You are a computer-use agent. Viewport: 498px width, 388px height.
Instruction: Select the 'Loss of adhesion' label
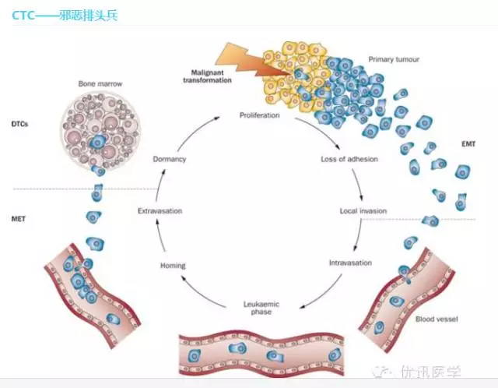(349, 159)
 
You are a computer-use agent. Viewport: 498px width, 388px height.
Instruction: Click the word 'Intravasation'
(350, 262)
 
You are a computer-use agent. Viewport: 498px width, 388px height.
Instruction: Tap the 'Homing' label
(173, 266)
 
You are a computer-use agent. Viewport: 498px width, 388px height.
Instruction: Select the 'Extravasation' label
(160, 211)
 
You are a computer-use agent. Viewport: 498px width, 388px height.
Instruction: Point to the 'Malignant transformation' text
(204, 79)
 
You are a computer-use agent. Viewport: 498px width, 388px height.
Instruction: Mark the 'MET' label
(20, 220)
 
